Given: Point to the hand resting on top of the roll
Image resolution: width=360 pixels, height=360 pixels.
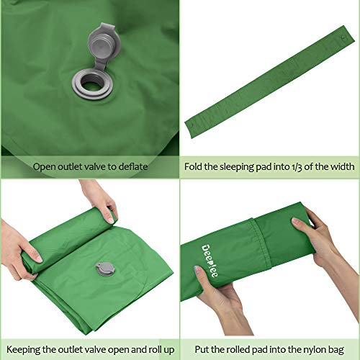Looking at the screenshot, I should click(99, 202).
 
